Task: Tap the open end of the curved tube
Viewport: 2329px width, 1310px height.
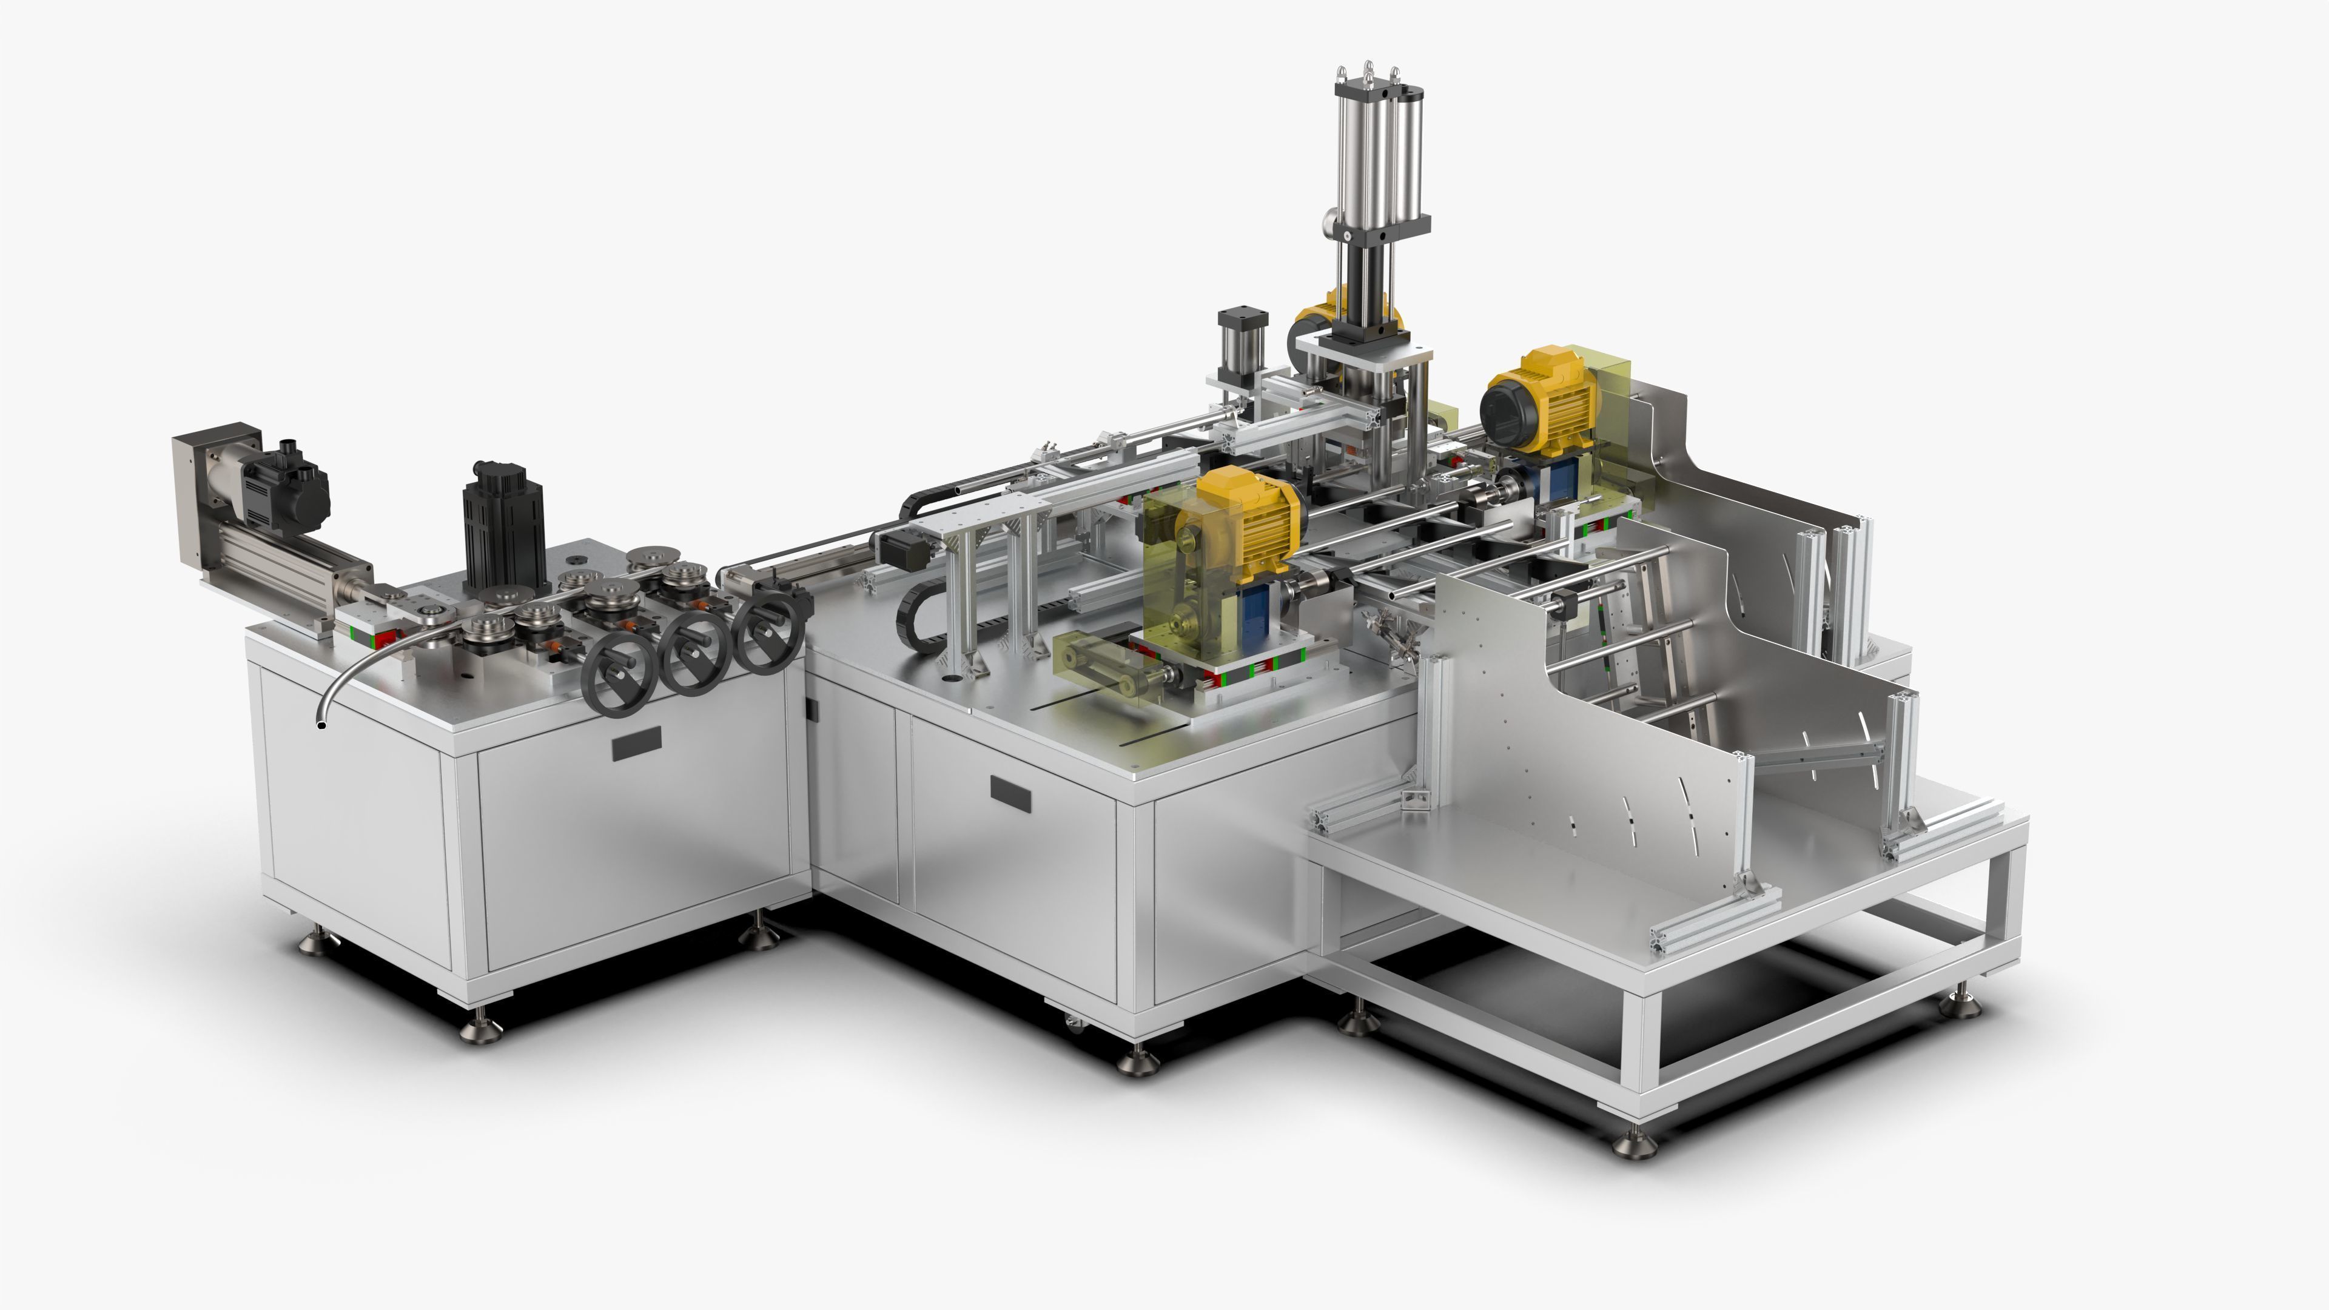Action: click(321, 724)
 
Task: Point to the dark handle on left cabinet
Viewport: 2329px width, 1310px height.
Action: click(636, 743)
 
